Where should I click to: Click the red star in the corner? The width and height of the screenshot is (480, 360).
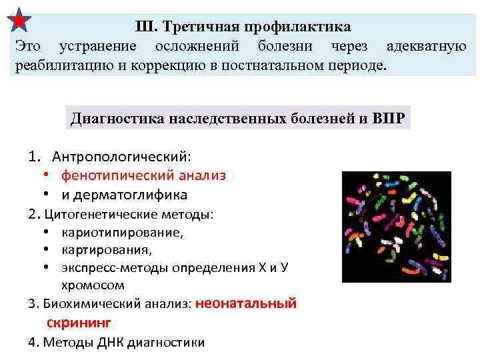tap(19, 20)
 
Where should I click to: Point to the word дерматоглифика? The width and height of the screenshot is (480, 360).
tap(133, 195)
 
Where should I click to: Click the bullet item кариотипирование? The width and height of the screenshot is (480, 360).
tap(122, 233)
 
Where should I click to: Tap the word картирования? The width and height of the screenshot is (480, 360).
tap(107, 250)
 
